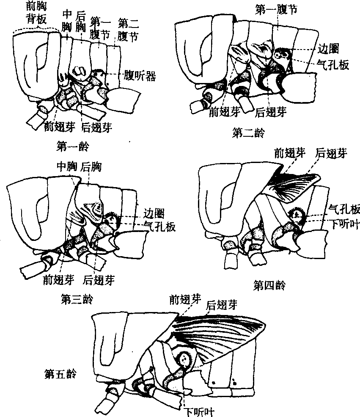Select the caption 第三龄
click(77, 300)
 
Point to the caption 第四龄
click(269, 285)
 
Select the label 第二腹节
click(128, 29)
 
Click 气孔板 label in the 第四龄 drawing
click(345, 209)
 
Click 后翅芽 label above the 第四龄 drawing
click(331, 153)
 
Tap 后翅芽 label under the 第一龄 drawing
click(98, 127)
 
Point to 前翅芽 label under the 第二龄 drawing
click(225, 112)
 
